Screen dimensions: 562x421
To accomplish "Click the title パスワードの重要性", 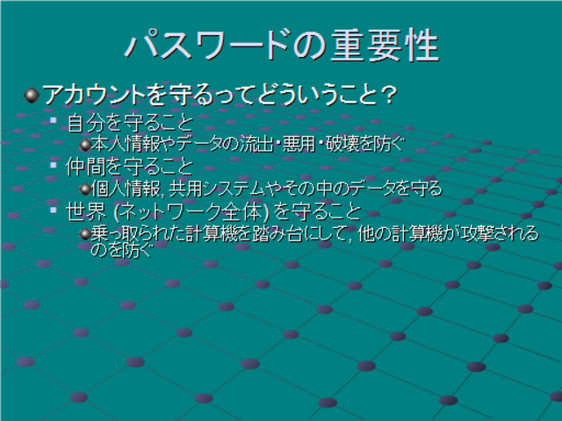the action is (x=282, y=45).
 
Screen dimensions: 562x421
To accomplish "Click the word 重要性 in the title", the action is (x=385, y=45).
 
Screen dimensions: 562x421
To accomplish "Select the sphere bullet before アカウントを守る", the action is (x=32, y=96).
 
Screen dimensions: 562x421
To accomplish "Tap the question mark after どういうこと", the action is (x=388, y=95).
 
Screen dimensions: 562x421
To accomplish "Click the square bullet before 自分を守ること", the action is (x=54, y=120).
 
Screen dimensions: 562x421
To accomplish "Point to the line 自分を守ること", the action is (x=130, y=123).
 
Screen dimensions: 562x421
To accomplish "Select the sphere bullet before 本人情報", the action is (x=85, y=145).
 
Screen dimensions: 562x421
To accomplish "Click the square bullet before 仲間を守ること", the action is (x=54, y=165).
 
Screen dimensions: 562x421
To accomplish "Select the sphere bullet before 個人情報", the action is (x=85, y=189).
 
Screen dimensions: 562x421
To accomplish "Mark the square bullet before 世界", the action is (x=54, y=210).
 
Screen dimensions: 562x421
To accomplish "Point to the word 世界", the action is (x=86, y=212).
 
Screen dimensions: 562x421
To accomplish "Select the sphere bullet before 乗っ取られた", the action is (x=85, y=234).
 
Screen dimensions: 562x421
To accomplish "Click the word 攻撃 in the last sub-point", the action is (x=469, y=233).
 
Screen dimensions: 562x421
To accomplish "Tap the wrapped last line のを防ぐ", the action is (x=122, y=250).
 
